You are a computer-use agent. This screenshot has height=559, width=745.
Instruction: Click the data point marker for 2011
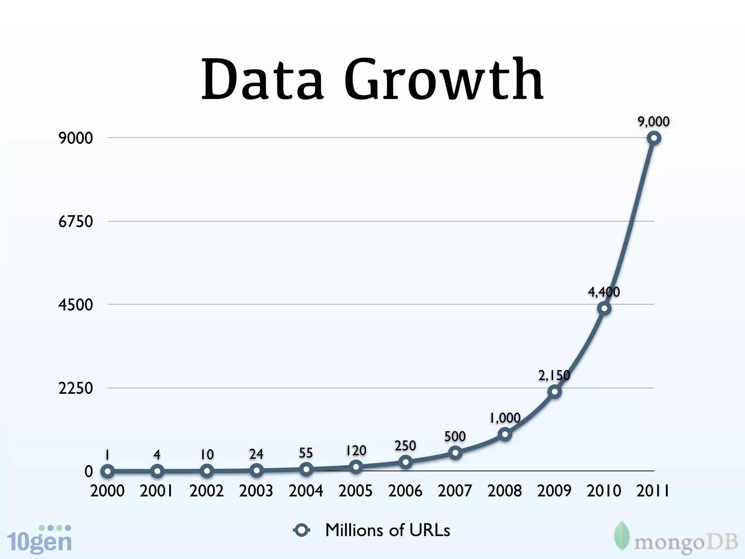click(654, 138)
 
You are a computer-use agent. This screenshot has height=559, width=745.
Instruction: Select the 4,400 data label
click(603, 292)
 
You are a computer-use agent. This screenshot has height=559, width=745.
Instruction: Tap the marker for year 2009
click(554, 392)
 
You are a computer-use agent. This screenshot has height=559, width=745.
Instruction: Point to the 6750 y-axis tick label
click(76, 221)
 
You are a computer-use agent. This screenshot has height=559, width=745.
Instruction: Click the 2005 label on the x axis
click(355, 491)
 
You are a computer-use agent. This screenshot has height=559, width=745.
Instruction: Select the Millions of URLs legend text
click(387, 530)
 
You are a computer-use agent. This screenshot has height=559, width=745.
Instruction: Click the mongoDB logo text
click(686, 542)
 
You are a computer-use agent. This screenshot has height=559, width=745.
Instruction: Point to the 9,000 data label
click(653, 122)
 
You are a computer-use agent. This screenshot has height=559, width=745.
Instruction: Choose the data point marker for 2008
click(505, 435)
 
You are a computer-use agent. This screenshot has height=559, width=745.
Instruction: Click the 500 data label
click(455, 436)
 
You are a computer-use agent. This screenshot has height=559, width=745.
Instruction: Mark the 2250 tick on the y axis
click(76, 388)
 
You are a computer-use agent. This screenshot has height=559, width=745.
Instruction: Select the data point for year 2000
click(108, 471)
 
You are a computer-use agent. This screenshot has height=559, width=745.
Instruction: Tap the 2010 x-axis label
click(604, 491)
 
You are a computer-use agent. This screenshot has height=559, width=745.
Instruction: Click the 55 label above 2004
click(306, 453)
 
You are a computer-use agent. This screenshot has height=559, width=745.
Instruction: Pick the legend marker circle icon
click(302, 530)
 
